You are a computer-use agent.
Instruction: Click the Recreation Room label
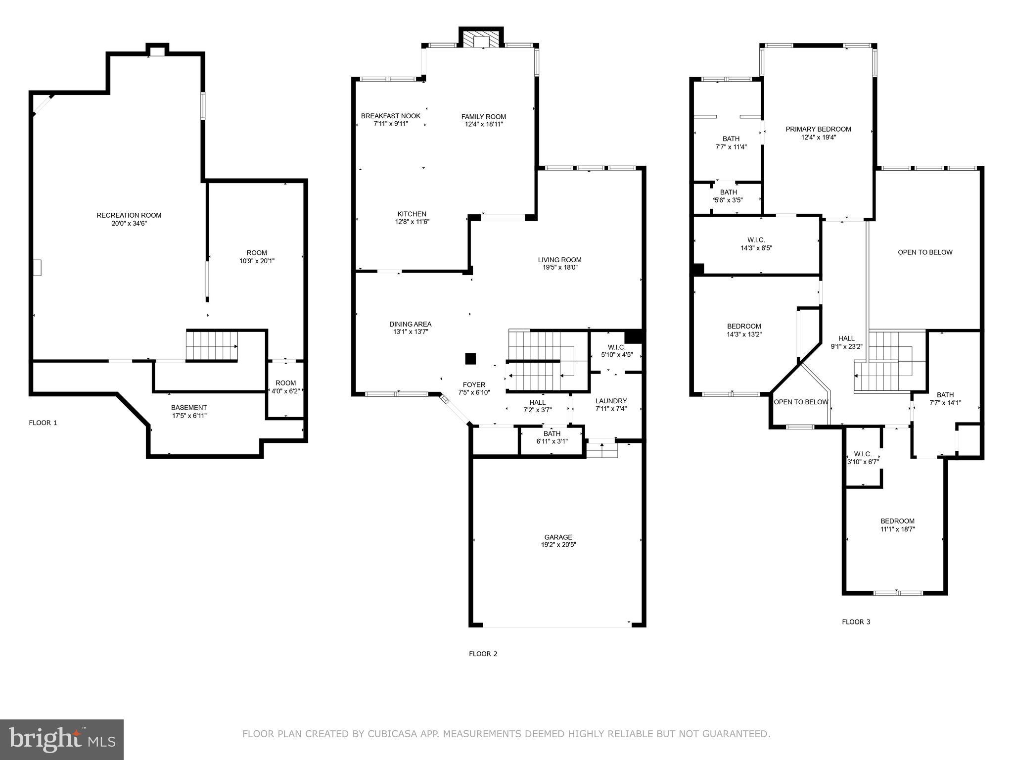pyautogui.click(x=129, y=215)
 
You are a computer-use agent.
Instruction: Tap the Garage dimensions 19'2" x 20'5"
pyautogui.click(x=558, y=545)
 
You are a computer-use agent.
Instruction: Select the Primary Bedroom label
pyautogui.click(x=818, y=129)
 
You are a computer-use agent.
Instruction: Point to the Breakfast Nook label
pyautogui.click(x=390, y=116)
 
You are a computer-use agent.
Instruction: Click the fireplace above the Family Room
pyautogui.click(x=481, y=41)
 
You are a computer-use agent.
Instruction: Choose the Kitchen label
pyautogui.click(x=412, y=214)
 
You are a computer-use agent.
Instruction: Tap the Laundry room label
pyautogui.click(x=611, y=401)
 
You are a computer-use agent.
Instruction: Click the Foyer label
pyautogui.click(x=474, y=384)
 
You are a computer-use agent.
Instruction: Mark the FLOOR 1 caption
pyautogui.click(x=43, y=423)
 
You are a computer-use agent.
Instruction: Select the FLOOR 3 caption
pyautogui.click(x=856, y=622)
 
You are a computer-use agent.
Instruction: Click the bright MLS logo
pyautogui.click(x=61, y=739)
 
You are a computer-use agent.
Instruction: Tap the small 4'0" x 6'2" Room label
pyautogui.click(x=285, y=383)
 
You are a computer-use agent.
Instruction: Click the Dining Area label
pyautogui.click(x=410, y=324)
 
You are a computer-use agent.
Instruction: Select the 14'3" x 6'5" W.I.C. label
pyautogui.click(x=756, y=240)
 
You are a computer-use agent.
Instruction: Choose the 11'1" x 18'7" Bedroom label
pyautogui.click(x=897, y=521)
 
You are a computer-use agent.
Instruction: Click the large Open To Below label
pyautogui.click(x=925, y=252)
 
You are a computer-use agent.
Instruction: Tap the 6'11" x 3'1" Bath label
pyautogui.click(x=552, y=434)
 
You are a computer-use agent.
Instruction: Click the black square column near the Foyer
pyautogui.click(x=470, y=359)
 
